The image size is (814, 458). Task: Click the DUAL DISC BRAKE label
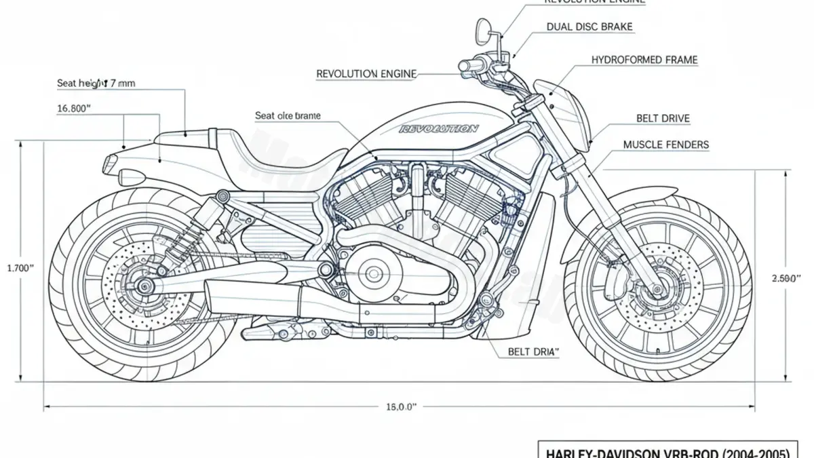[x=589, y=27]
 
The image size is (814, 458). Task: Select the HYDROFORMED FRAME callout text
[x=644, y=60]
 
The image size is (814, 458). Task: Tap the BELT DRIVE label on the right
[x=663, y=119]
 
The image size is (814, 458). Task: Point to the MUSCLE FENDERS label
[x=665, y=145]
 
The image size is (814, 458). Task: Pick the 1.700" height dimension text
[x=20, y=268]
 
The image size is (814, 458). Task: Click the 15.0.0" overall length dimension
[x=400, y=406]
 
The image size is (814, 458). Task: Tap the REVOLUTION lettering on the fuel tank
[x=438, y=128]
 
